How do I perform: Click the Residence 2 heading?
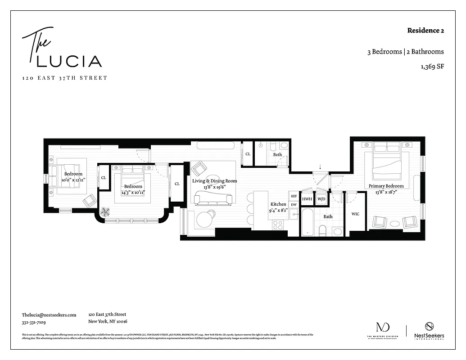pos(425,31)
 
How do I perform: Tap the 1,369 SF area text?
pos(432,67)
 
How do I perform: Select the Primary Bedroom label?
pos(386,186)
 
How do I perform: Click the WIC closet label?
pos(355,214)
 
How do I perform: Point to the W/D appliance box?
pos(321,199)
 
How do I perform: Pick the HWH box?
pos(307,199)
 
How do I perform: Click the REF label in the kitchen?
pos(294,196)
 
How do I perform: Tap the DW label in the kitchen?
pos(294,205)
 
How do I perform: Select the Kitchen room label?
pos(278,204)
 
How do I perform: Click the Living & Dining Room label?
pos(214,181)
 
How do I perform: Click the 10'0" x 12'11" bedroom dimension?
pos(73,180)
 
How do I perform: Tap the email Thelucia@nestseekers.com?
pos(49,315)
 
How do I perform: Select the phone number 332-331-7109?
pos(34,322)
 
